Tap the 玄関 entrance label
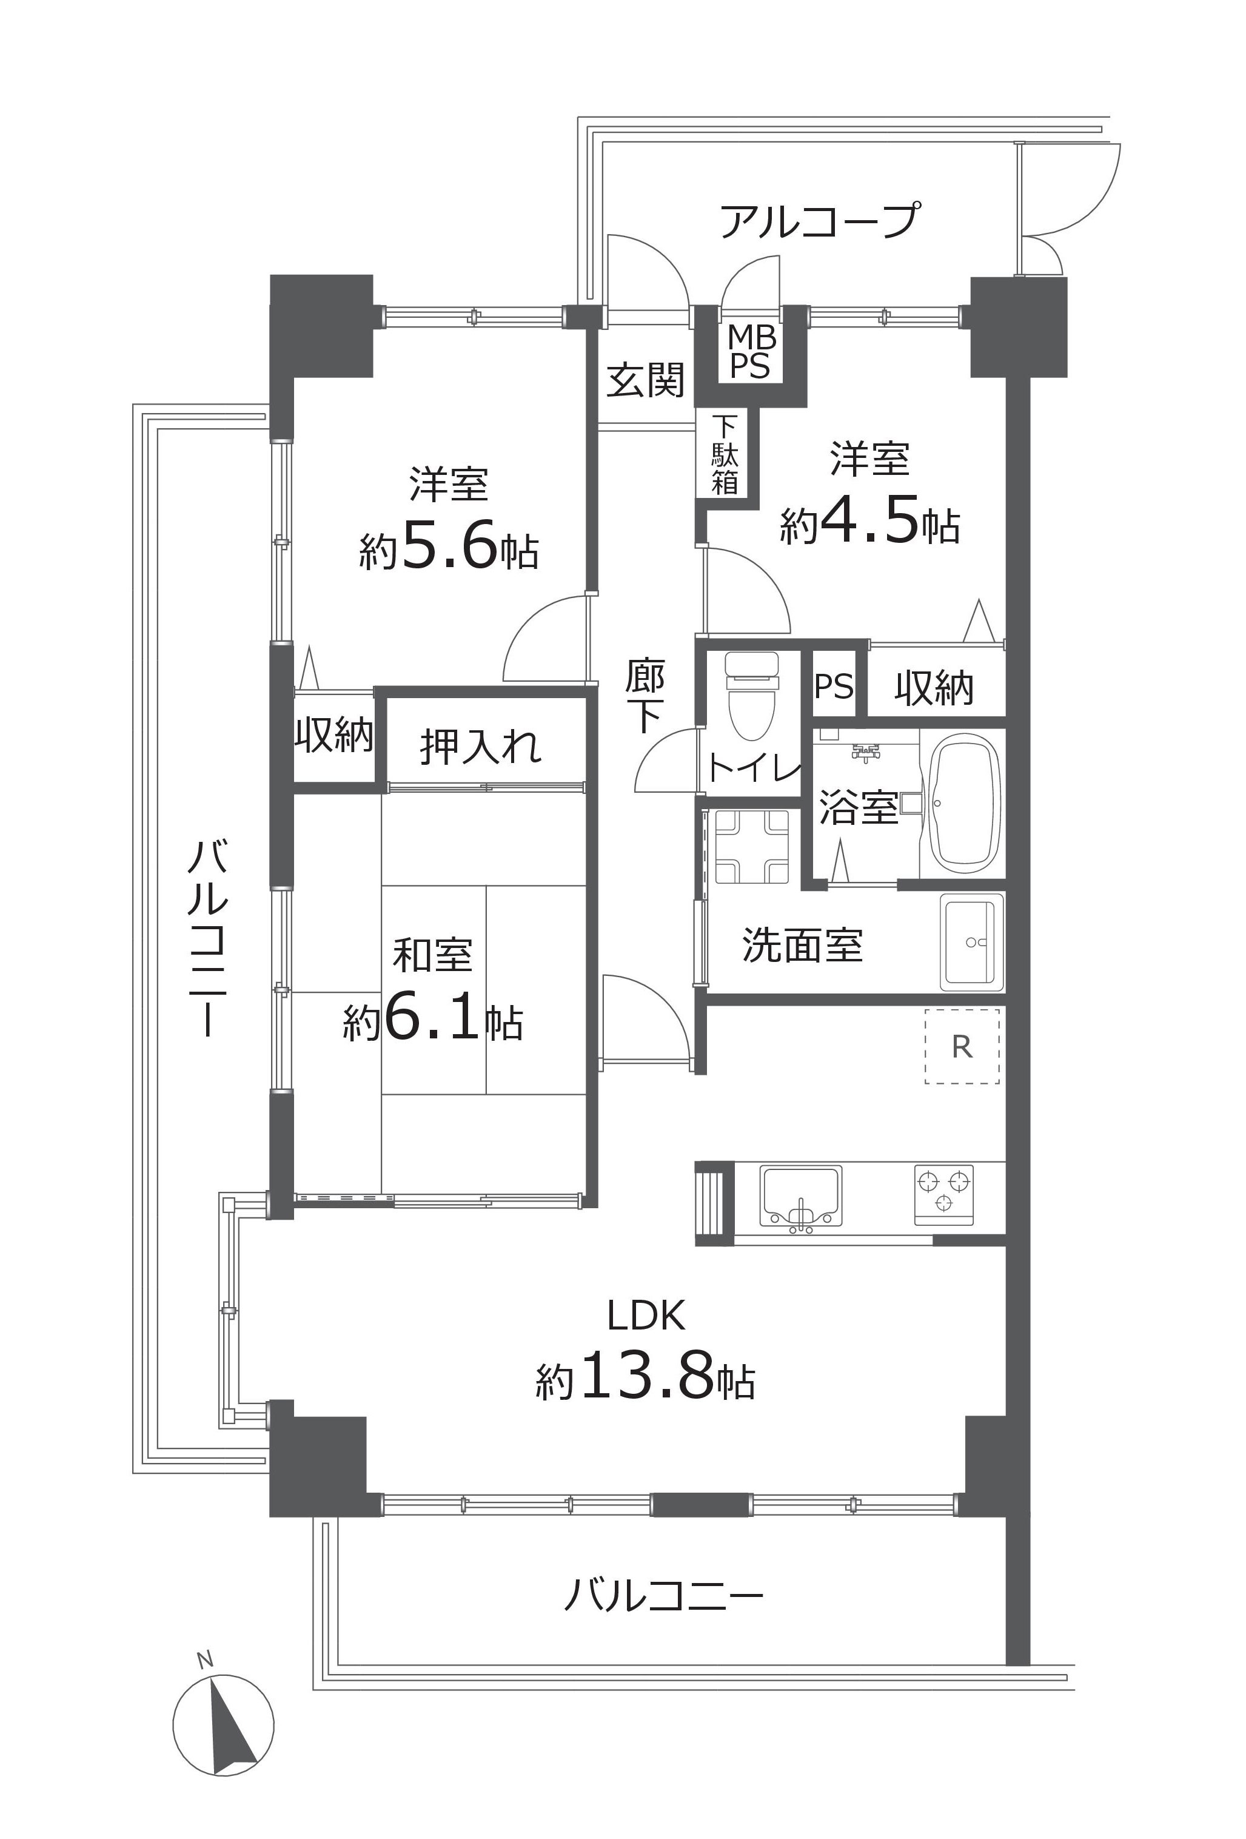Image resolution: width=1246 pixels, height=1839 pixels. (x=646, y=380)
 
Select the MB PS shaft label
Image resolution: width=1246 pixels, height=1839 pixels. (x=749, y=352)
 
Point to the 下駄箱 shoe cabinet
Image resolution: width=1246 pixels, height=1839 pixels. (x=725, y=454)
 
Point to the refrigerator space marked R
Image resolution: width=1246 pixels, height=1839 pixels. (x=962, y=1047)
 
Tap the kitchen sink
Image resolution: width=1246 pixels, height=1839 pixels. (x=800, y=1197)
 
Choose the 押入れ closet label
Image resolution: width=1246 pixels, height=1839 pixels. (x=481, y=745)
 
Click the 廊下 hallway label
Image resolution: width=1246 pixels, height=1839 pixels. (x=646, y=696)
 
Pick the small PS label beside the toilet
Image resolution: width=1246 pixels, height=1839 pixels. (x=834, y=685)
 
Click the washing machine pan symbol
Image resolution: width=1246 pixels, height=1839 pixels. (x=752, y=846)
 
